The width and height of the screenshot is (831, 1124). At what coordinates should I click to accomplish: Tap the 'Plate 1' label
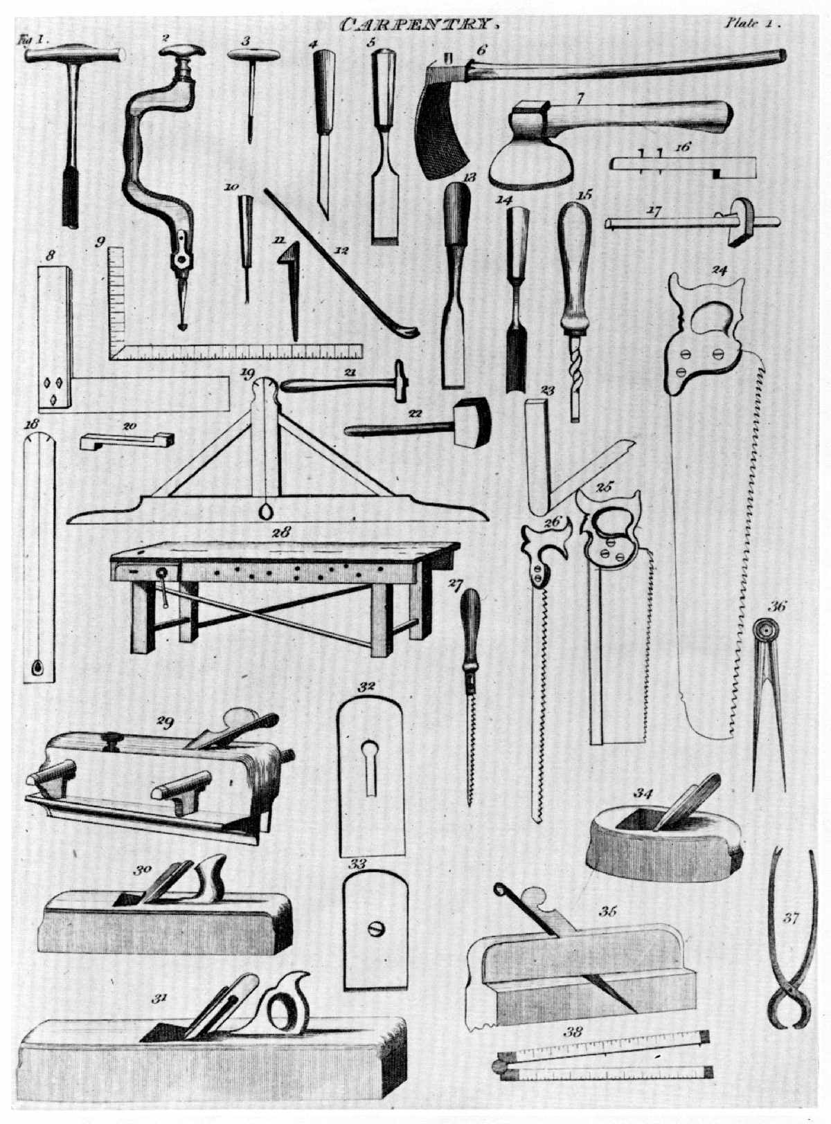click(x=752, y=22)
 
